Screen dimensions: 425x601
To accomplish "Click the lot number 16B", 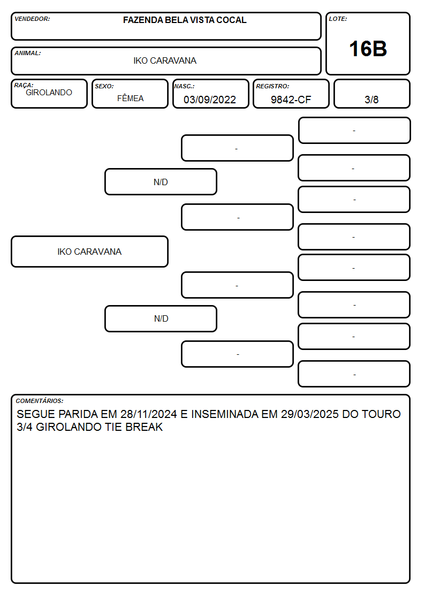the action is click(x=368, y=49).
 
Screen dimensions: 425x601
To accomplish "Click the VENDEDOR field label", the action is click(x=32, y=19).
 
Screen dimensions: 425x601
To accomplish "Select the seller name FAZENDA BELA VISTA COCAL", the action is click(x=185, y=20).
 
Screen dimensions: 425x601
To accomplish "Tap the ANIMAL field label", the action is click(x=28, y=53).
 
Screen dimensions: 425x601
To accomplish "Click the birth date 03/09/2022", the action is click(x=210, y=100).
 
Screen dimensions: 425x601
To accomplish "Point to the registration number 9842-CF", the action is click(x=291, y=100).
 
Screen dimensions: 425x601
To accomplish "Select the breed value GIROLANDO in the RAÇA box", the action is click(x=49, y=93).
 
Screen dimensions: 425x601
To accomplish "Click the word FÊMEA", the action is click(x=130, y=98).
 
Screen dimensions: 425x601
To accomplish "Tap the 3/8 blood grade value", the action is click(x=371, y=100).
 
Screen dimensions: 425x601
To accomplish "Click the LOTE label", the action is click(x=338, y=19).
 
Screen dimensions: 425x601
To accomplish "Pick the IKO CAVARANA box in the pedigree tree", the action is click(x=90, y=252).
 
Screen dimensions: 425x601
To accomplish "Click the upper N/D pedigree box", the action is click(x=161, y=181).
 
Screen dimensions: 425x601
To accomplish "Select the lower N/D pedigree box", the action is click(x=161, y=318).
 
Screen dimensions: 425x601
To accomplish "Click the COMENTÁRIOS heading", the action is click(x=40, y=401).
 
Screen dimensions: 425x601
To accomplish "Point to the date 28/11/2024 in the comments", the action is click(x=149, y=414).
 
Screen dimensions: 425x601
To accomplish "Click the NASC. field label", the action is click(x=184, y=86).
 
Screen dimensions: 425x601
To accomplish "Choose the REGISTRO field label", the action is click(x=272, y=86).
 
